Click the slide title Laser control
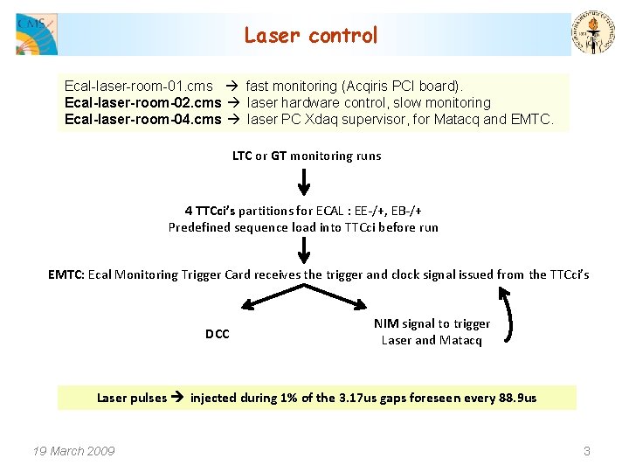[x=311, y=36]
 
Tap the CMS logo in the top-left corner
[x=36, y=34]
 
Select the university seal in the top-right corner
[x=593, y=33]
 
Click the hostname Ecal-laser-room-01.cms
[x=138, y=87]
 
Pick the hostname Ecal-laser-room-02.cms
[x=142, y=102]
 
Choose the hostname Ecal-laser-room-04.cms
[x=142, y=119]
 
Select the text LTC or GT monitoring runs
[x=306, y=156]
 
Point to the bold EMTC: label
[x=66, y=274]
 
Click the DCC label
[x=218, y=334]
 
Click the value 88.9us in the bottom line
[x=515, y=399]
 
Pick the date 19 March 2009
[x=73, y=451]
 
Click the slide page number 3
[x=587, y=451]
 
